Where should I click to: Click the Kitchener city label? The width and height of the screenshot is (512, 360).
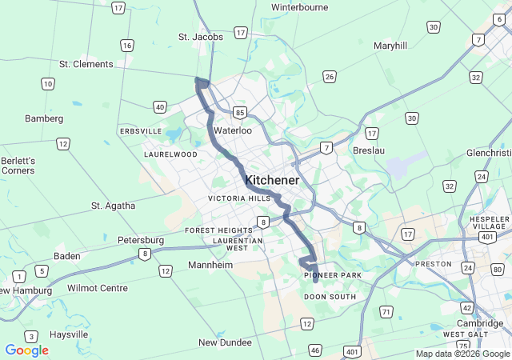272,180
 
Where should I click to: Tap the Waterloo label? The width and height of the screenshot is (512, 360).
233,130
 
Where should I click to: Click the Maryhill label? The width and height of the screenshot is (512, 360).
390,46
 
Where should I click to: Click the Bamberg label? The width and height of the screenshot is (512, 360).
44,118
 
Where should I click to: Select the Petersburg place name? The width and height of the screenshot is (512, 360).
141,239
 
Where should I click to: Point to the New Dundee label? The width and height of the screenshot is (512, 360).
225,342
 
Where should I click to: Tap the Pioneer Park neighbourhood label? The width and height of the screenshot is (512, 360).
333,276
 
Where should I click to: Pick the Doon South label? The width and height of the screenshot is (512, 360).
330,297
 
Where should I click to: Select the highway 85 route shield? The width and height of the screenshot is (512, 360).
239,113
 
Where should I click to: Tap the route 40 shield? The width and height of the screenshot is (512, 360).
160,106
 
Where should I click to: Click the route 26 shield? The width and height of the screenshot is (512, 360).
330,77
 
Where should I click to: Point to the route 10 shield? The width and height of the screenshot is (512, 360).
48,83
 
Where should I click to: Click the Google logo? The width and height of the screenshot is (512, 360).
26,350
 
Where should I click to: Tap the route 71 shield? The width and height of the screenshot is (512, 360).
386,311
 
